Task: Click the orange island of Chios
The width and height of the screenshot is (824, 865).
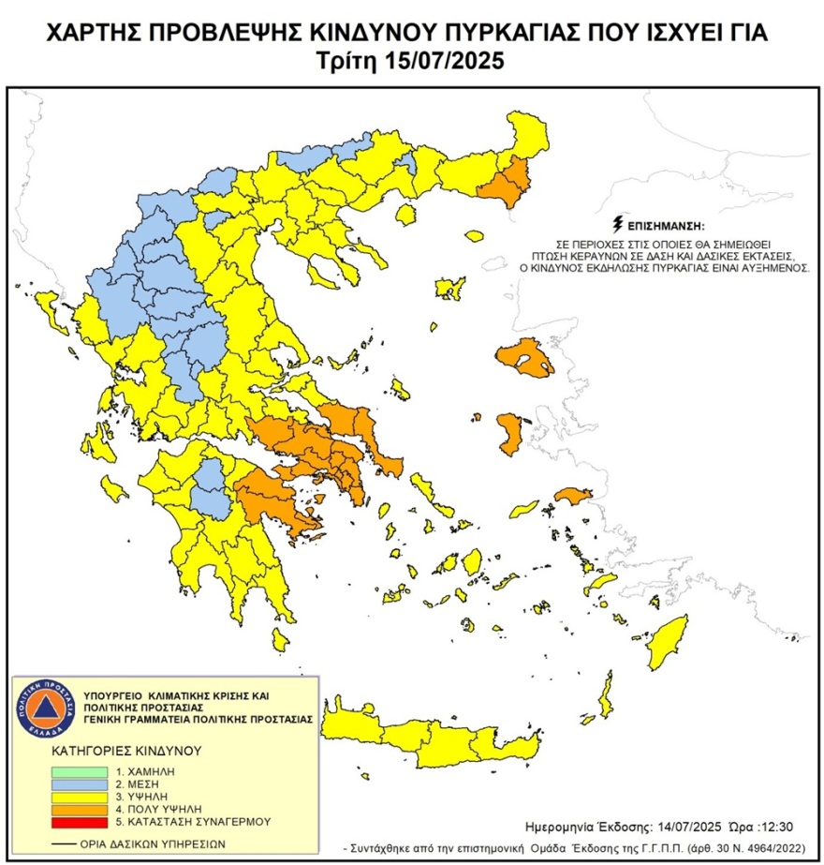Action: tap(510, 434)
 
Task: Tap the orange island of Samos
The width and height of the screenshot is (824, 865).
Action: tap(570, 494)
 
